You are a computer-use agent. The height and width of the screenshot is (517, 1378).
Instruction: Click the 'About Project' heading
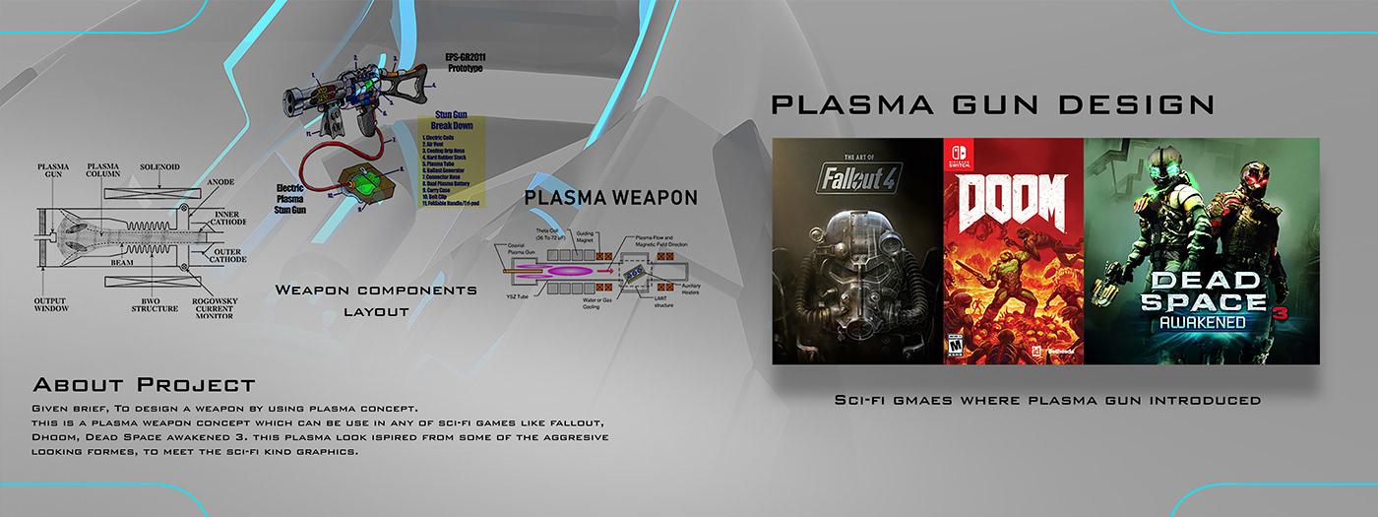tap(144, 385)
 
